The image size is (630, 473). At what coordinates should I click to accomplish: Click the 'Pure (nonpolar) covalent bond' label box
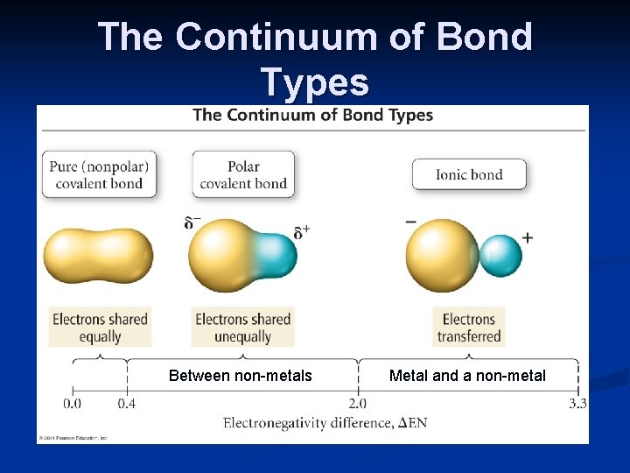tap(99, 174)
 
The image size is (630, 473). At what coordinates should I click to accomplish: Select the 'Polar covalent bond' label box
tap(243, 174)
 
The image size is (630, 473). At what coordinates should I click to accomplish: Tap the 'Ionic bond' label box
tap(469, 174)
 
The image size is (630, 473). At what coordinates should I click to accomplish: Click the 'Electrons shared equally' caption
tap(100, 328)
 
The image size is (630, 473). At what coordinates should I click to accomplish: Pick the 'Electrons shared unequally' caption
tap(243, 328)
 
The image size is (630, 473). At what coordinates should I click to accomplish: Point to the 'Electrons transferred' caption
tap(469, 328)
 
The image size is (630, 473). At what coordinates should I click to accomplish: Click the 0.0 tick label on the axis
tap(73, 404)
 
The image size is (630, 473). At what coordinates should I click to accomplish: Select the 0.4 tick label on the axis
tap(127, 404)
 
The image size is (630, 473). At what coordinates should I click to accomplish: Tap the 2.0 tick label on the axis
tap(358, 404)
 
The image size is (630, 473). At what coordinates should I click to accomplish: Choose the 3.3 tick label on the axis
tap(577, 404)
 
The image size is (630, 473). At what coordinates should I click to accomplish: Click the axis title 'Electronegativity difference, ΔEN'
tap(325, 424)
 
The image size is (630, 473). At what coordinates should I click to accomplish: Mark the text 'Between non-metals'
tap(240, 376)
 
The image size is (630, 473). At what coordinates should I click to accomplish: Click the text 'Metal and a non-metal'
tap(467, 376)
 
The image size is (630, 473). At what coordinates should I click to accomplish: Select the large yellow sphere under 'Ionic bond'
tap(442, 255)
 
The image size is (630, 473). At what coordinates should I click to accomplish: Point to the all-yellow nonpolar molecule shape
tap(98, 255)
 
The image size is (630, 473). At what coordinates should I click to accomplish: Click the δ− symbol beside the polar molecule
tap(192, 222)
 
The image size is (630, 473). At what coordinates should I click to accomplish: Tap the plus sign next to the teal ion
tap(528, 237)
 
